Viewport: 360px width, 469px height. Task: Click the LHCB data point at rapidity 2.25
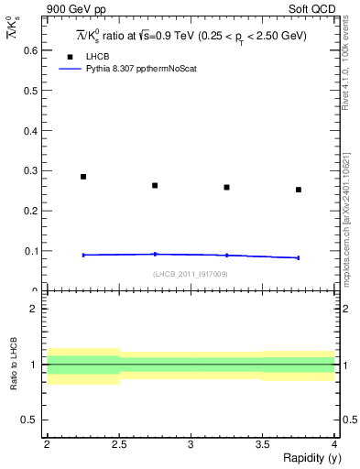(x=82, y=177)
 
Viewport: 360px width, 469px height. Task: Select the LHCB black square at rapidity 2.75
(x=155, y=186)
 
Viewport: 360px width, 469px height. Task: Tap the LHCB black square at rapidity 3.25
(x=226, y=188)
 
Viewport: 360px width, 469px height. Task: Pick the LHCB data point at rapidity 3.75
(x=299, y=190)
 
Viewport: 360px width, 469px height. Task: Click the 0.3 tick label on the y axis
(x=31, y=170)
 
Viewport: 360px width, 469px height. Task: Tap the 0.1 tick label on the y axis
(x=31, y=251)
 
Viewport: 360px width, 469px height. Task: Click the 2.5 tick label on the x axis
(x=118, y=444)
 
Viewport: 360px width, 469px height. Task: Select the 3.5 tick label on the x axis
(x=262, y=444)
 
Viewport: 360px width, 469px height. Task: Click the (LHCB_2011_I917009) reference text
(x=190, y=274)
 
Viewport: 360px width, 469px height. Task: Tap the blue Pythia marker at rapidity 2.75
(x=155, y=254)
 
